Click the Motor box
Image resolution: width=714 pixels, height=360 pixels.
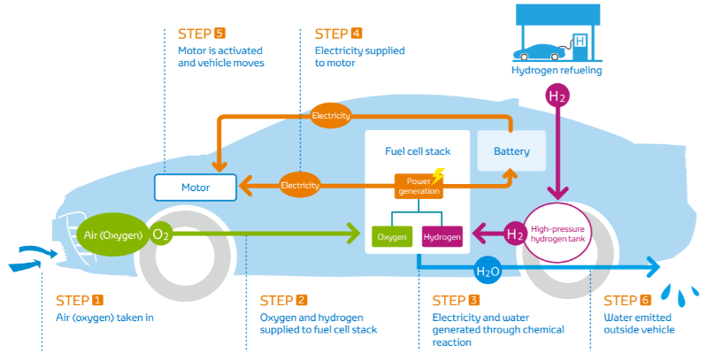coord(196,188)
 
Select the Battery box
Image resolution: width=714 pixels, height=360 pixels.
coord(511,151)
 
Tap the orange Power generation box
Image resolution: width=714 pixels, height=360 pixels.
coord(418,186)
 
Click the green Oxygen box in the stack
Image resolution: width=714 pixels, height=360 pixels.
coord(392,236)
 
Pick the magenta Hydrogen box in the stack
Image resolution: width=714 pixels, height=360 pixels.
coord(442,236)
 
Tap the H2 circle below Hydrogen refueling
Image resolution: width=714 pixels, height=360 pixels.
coord(557,96)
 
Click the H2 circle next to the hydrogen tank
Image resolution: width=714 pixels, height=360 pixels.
coord(515,234)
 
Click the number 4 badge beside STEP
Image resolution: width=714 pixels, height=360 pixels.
coord(357,34)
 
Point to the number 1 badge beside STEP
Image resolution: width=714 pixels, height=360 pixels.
coord(97,300)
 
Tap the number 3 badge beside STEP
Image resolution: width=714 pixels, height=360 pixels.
coord(473,300)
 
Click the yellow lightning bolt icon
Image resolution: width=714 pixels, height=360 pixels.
coord(436,176)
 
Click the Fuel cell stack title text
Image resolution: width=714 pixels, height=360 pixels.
coord(418,151)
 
